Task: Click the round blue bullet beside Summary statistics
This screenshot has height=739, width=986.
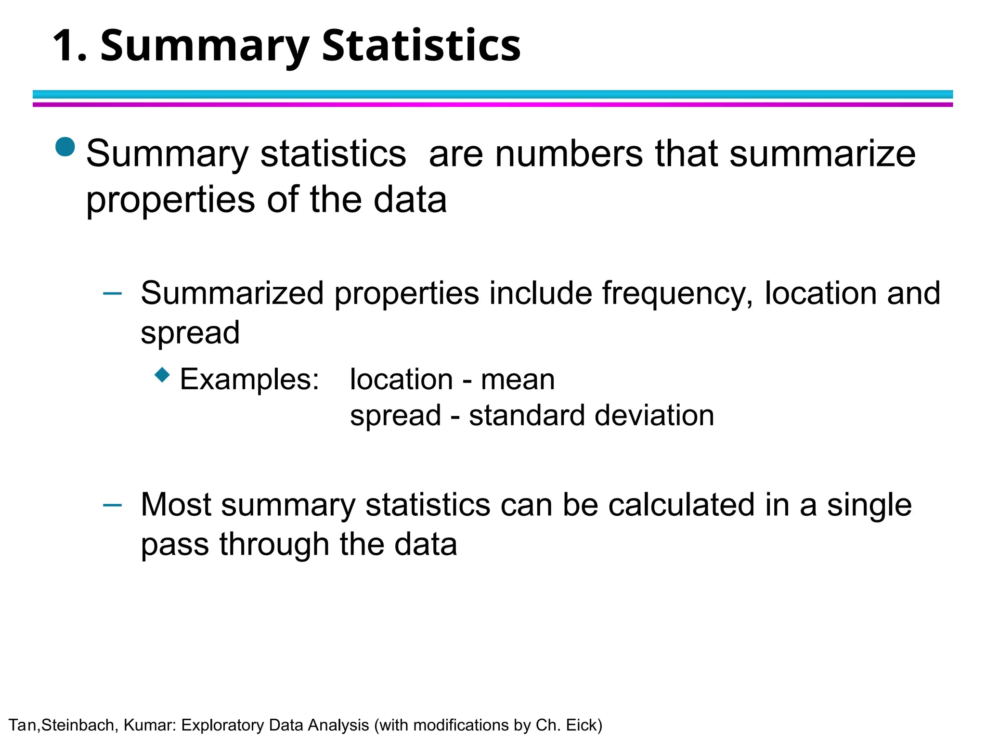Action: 65,147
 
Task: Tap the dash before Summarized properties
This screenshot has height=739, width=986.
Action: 113,293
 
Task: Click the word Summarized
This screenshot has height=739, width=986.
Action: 232,293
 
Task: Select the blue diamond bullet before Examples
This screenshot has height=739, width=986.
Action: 163,375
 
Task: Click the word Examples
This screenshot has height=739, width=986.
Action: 249,379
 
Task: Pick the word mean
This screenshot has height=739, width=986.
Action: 518,380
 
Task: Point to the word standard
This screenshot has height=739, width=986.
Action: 528,415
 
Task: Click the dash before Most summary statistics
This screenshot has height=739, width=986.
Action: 113,504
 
